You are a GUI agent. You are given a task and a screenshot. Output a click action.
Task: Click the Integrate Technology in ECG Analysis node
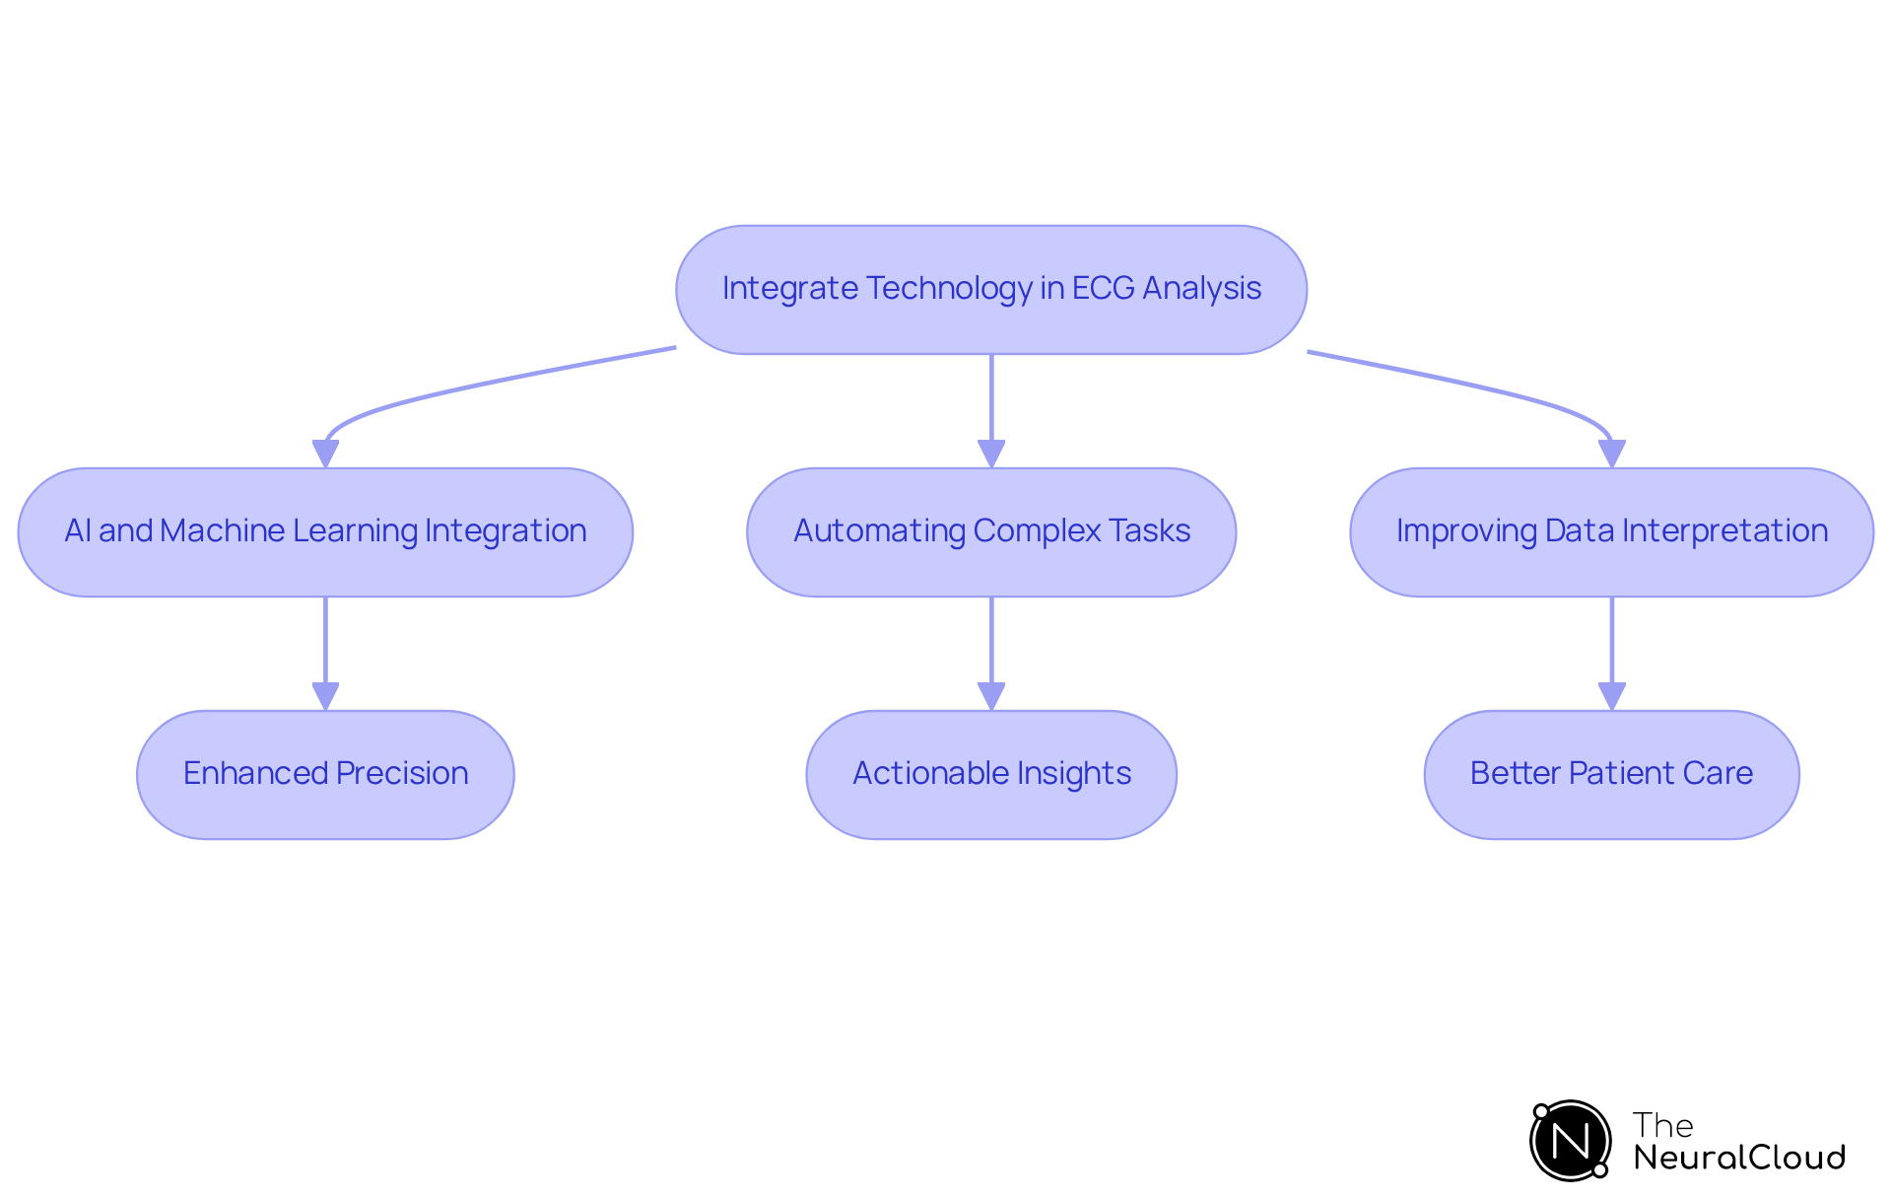[x=990, y=289]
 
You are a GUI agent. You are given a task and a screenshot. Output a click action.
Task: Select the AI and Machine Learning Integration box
[x=325, y=531]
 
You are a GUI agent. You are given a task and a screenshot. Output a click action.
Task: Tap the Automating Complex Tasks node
[x=990, y=531]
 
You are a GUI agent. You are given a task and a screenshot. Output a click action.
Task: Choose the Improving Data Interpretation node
[x=1611, y=531]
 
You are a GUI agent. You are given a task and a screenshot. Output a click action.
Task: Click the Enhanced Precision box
[x=325, y=774]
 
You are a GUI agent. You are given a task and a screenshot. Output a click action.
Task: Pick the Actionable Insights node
[x=990, y=774]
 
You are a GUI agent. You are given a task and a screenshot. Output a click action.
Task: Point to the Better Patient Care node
[x=1611, y=774]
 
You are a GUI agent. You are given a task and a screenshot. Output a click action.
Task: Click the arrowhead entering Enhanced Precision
[x=325, y=696]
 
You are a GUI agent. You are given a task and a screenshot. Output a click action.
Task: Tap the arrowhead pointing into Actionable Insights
[x=991, y=696]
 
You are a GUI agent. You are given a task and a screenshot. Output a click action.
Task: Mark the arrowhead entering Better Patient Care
[x=1611, y=696]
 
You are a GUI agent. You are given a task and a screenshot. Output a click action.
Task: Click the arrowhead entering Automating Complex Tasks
[x=991, y=454]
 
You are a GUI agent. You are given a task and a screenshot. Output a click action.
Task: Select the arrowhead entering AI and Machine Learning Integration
[x=325, y=454]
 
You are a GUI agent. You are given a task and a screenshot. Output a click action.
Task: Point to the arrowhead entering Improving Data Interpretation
[x=1611, y=454]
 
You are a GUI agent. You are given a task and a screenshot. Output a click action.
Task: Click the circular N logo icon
[x=1570, y=1141]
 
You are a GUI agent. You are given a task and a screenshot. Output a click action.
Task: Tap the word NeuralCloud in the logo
[x=1738, y=1158]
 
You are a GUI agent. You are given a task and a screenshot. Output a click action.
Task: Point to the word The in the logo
[x=1662, y=1125]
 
